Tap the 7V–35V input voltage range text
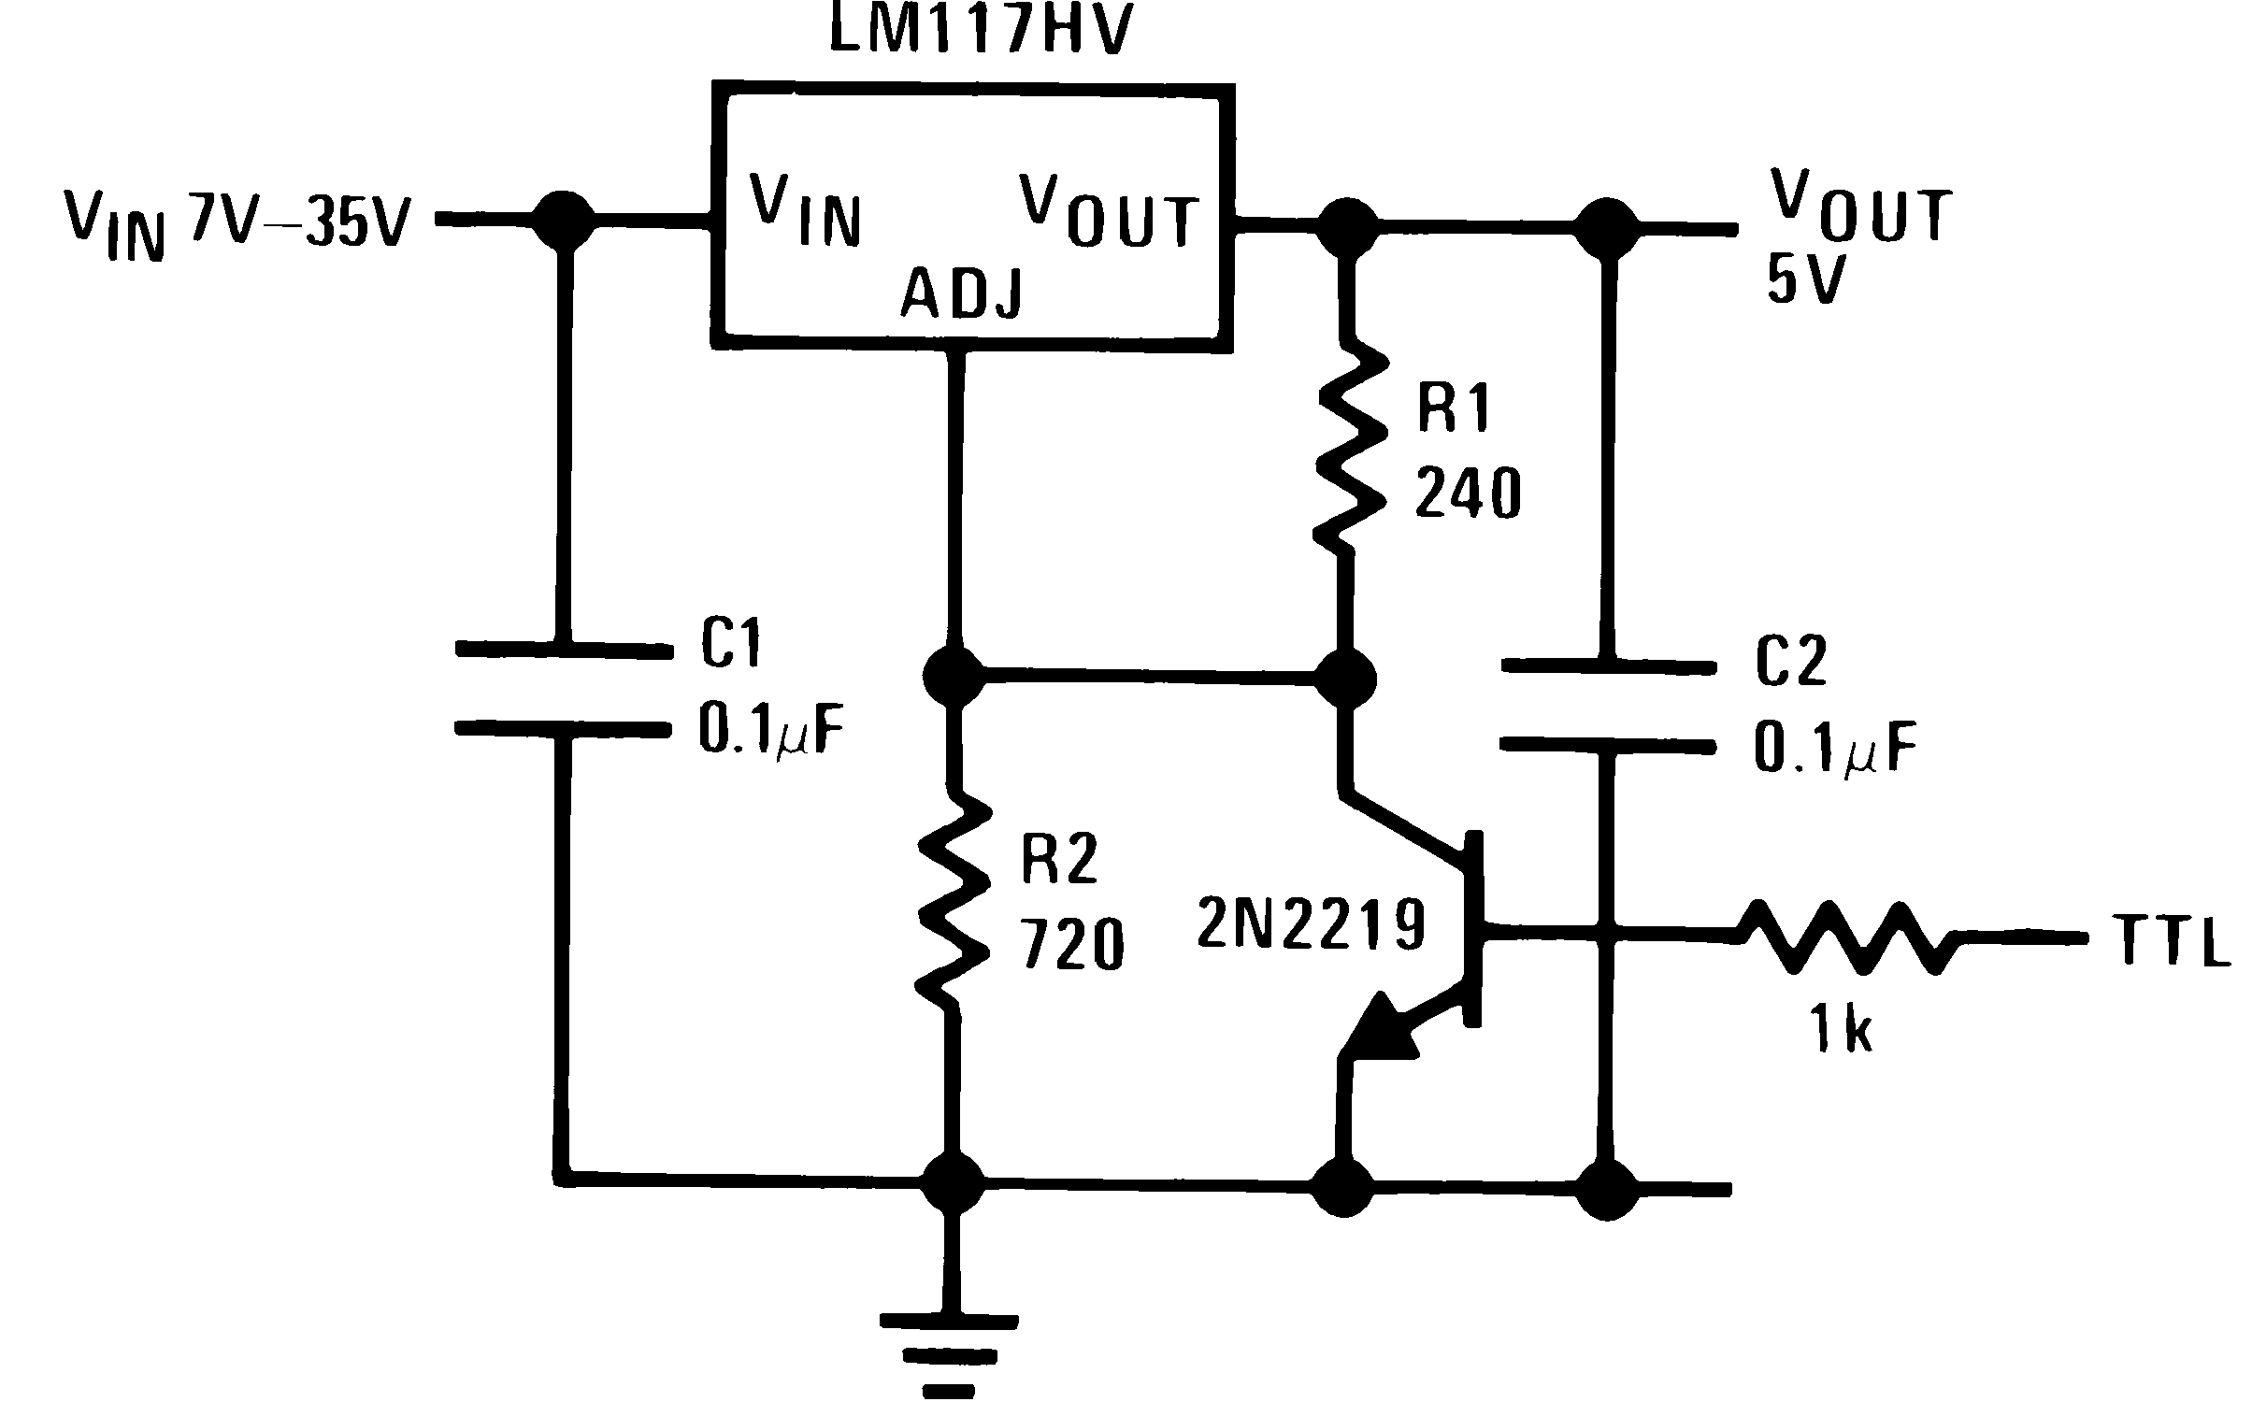click(301, 221)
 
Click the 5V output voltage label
click(1805, 279)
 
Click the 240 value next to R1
click(1468, 493)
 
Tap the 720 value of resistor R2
click(1070, 945)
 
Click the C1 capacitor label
click(731, 643)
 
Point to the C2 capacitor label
click(1790, 661)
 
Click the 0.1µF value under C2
click(1834, 750)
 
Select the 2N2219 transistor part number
click(1312, 924)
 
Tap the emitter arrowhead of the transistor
click(1383, 1030)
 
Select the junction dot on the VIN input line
click(563, 221)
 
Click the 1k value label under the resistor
click(1841, 1029)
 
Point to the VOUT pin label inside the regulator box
click(1109, 213)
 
